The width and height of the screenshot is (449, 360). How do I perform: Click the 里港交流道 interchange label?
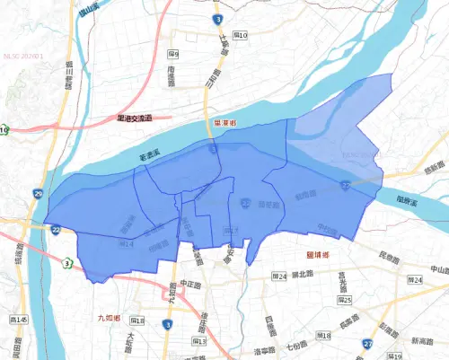click(x=136, y=118)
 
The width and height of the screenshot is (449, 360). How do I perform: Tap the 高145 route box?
click(x=18, y=320)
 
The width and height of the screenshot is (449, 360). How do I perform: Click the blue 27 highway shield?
click(x=368, y=344)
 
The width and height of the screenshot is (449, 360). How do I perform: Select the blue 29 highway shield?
click(x=37, y=194)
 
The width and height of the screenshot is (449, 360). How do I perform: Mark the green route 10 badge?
click(x=4, y=131)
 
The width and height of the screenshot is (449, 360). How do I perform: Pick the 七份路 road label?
click(x=296, y=345)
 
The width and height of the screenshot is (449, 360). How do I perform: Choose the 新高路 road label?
click(x=418, y=342)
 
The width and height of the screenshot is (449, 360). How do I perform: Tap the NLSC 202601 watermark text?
click(x=22, y=54)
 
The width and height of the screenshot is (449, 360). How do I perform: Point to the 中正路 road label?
click(x=189, y=284)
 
